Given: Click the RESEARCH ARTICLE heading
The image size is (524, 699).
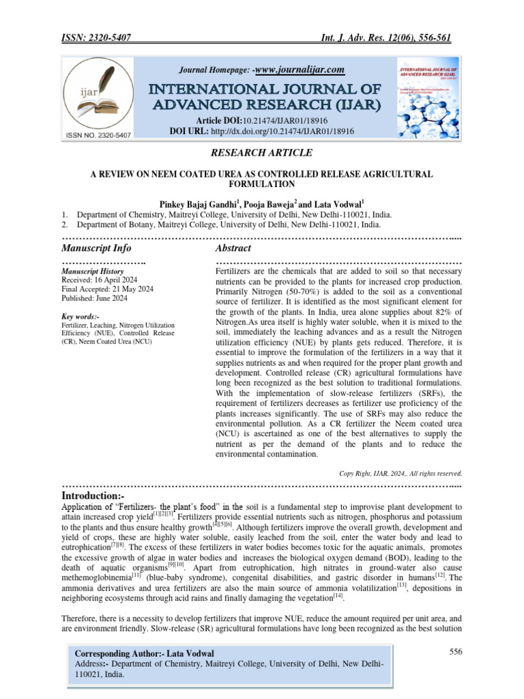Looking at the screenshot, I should click(262, 152).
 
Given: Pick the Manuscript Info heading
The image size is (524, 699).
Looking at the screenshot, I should click(96, 248).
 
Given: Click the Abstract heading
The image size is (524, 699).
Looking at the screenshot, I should click(233, 248).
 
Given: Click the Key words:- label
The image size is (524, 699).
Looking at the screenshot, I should click(80, 317).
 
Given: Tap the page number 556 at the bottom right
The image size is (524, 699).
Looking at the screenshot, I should click(456, 651).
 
